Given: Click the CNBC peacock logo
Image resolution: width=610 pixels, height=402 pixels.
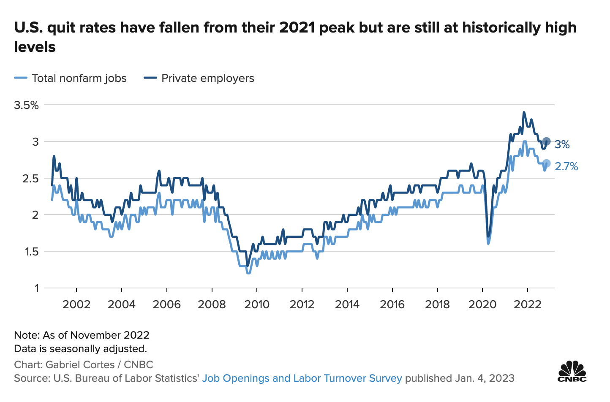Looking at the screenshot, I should coord(572,372).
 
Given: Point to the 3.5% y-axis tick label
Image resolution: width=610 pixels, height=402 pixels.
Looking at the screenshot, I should coord(26,105).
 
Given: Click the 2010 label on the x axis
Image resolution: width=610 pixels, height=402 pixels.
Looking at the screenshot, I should coord(257,304).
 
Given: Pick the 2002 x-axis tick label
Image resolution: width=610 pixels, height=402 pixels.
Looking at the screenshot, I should coord(76,304).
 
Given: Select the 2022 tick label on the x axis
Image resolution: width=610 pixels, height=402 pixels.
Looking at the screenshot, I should coord(528,304).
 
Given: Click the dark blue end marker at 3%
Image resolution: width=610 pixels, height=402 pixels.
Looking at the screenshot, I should coord(546,141).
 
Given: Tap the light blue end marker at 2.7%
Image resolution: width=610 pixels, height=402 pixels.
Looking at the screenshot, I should coord(546,163).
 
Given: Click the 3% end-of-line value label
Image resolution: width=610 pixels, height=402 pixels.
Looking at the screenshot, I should coord(562,145).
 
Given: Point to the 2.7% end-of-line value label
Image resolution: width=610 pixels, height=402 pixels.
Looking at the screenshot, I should coord(566,166).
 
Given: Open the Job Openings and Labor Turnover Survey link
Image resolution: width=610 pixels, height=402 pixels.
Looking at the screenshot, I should coord(302,378).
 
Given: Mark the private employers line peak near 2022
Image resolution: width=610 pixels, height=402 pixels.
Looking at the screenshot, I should coord(524,112).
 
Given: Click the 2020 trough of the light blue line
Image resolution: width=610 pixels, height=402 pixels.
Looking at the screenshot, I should coord(488,244).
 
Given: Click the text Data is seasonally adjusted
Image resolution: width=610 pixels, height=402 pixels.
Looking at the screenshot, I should coord(80,349).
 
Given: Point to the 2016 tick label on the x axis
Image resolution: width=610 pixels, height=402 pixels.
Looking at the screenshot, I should coord(392,304).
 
